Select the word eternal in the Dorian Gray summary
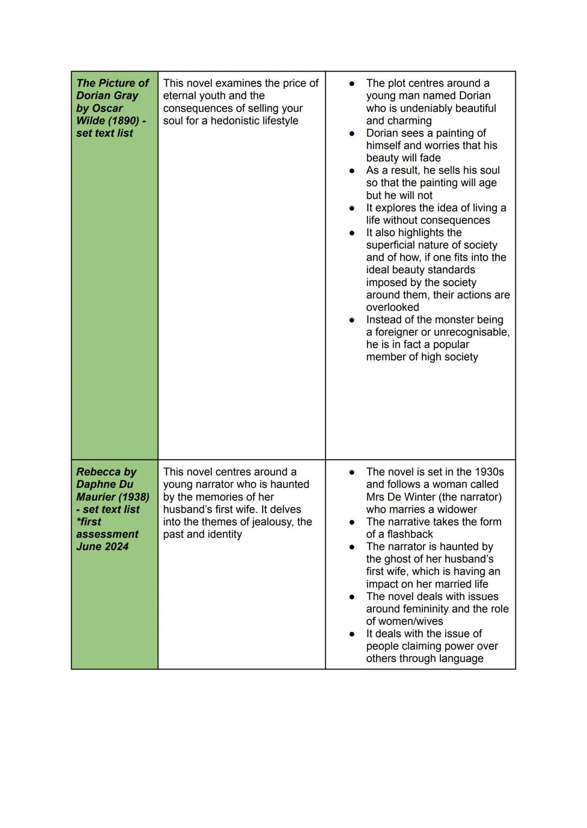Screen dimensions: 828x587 [181, 96]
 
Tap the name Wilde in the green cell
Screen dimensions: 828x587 [92, 121]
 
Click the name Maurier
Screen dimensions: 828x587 [96, 497]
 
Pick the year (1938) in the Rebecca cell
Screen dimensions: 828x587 [133, 497]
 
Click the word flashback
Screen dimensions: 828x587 [407, 534]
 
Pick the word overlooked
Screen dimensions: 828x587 [392, 307]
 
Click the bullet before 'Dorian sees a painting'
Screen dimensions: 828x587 [352, 133]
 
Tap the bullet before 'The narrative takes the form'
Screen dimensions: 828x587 [352, 522]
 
